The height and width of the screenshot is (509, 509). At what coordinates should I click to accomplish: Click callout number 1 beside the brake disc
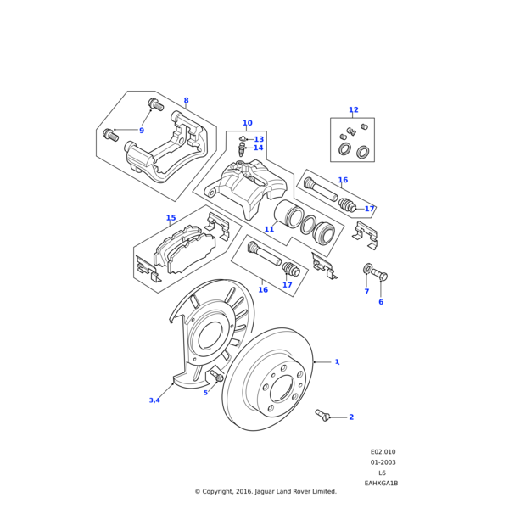click(x=337, y=362)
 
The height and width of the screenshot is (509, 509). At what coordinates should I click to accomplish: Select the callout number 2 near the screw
click(x=351, y=417)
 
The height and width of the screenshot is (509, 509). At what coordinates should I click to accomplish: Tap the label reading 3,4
click(x=154, y=400)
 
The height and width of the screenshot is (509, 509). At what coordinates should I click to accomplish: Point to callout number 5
click(x=205, y=393)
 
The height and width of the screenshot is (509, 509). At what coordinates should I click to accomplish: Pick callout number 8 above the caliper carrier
click(x=186, y=101)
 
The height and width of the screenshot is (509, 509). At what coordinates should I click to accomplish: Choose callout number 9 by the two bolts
click(x=142, y=131)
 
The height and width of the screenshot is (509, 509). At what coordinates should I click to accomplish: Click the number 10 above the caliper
click(x=247, y=123)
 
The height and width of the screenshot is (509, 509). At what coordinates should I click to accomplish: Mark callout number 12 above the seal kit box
click(x=353, y=110)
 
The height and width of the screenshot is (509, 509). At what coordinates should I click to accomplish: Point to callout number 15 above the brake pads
click(x=171, y=218)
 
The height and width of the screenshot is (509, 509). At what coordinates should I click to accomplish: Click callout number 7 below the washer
click(x=366, y=292)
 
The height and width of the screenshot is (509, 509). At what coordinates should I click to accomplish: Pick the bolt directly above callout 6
click(x=383, y=276)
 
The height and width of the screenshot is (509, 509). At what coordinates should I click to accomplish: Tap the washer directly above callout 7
click(x=367, y=271)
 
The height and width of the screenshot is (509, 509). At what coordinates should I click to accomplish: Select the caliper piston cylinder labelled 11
click(x=286, y=215)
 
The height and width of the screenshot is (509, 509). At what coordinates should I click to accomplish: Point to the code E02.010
click(x=383, y=453)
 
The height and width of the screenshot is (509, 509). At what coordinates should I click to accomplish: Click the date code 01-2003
click(x=383, y=463)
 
